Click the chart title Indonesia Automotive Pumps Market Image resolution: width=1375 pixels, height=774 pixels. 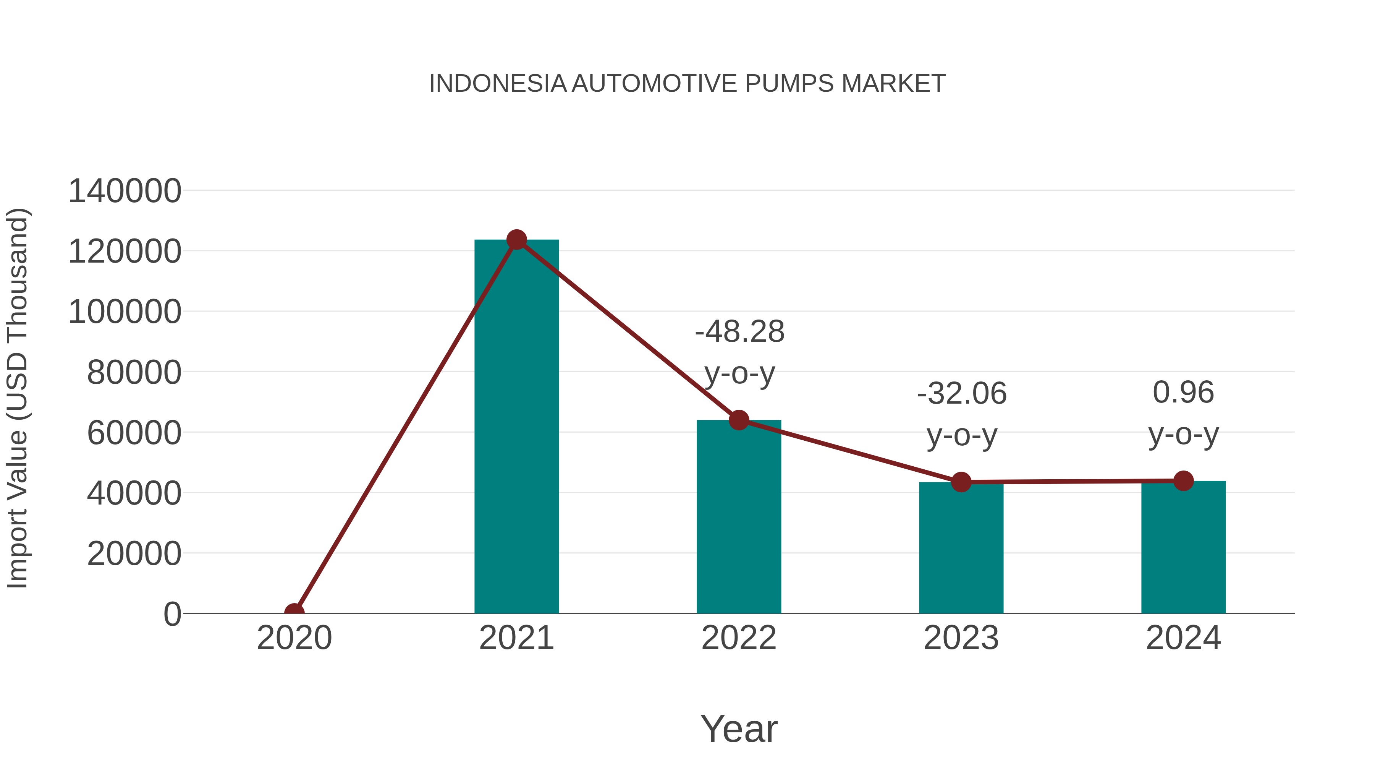click(x=687, y=84)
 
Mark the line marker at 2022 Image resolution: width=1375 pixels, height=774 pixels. click(x=739, y=420)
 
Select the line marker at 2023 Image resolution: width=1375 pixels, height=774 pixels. click(x=961, y=482)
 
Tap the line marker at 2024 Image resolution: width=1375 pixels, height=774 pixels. click(x=1183, y=481)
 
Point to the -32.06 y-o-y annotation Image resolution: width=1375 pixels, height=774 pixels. click(x=962, y=414)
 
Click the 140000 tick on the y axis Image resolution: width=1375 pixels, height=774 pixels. click(x=125, y=191)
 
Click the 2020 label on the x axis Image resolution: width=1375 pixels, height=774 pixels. click(x=294, y=638)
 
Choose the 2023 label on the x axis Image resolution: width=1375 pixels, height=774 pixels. click(x=961, y=638)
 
